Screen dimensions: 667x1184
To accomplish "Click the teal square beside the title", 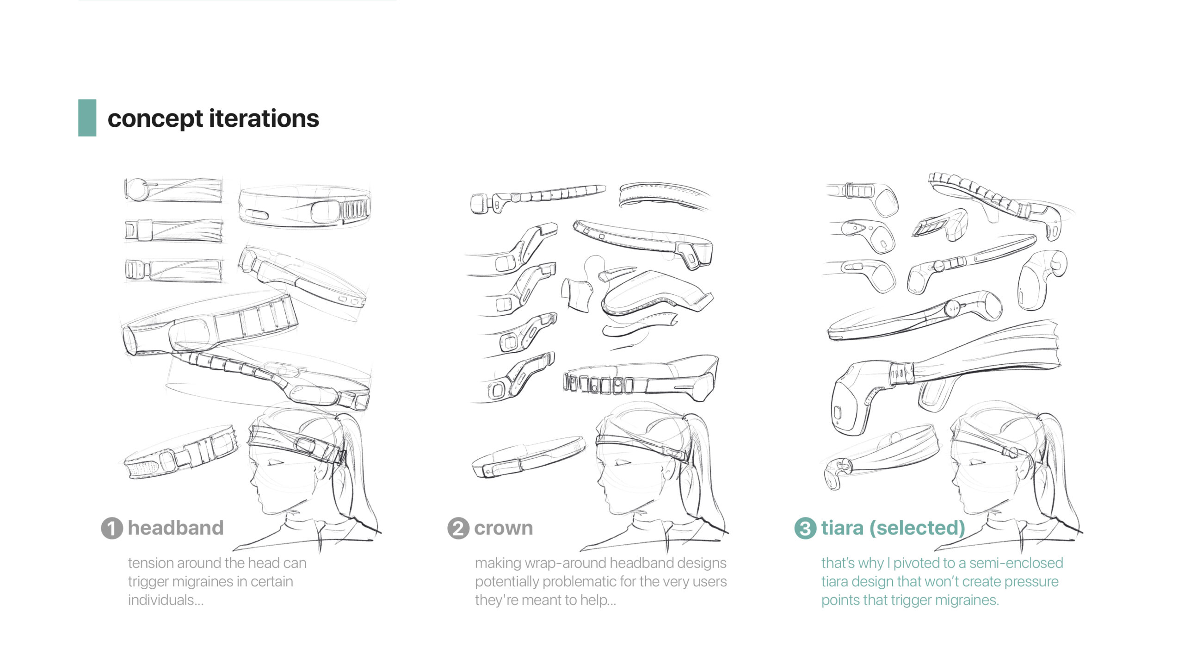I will tap(87, 118).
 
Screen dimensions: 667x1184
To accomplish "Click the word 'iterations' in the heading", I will tap(264, 118).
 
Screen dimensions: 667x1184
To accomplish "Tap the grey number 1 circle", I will tap(111, 528).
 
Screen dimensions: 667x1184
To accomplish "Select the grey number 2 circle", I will tap(458, 528).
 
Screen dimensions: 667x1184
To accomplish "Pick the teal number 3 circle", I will tap(805, 528).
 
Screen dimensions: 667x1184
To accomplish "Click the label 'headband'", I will tap(175, 528).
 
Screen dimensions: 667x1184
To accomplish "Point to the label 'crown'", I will tap(503, 528).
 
